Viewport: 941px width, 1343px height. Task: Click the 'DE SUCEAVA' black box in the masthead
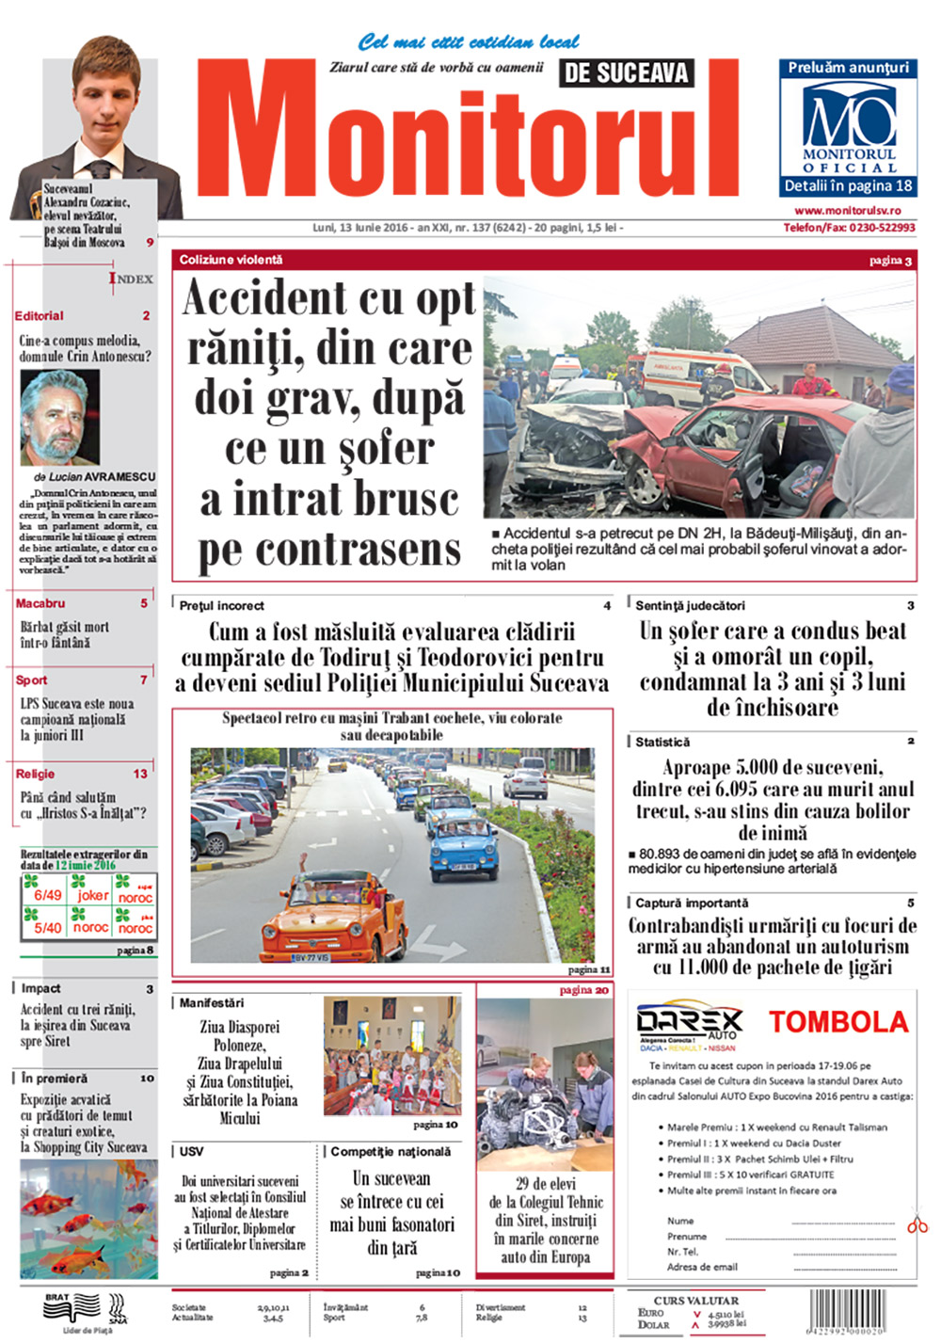(x=626, y=72)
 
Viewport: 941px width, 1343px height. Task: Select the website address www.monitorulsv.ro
(x=847, y=211)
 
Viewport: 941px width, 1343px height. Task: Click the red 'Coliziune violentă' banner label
(x=231, y=260)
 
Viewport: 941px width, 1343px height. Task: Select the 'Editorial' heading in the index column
(x=40, y=316)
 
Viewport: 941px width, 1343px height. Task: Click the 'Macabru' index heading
(x=40, y=603)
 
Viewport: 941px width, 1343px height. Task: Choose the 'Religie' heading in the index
(x=35, y=774)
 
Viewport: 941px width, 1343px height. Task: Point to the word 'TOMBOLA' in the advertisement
(x=838, y=1022)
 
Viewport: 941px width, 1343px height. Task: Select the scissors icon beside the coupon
(x=917, y=1224)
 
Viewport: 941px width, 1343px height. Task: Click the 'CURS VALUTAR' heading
(x=696, y=1301)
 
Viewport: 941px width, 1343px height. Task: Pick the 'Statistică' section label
(x=662, y=742)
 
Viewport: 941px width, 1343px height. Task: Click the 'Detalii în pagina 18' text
(x=849, y=186)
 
